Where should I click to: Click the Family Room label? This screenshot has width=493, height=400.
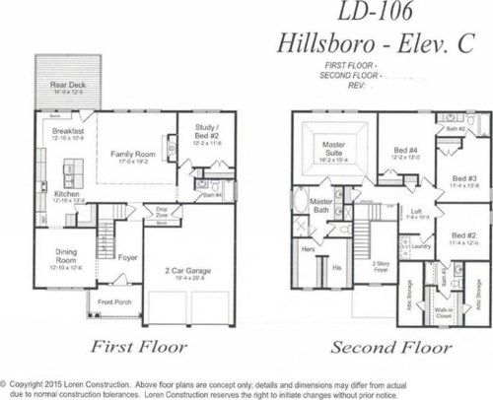coord(134,154)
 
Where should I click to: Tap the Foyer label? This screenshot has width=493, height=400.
coord(127,259)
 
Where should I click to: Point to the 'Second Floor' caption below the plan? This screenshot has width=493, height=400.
coord(377,347)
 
